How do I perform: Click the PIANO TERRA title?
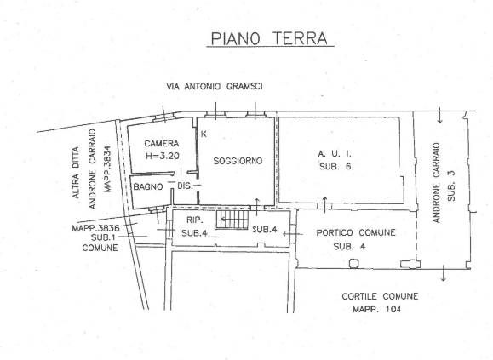(269, 38)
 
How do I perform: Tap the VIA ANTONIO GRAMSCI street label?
(215, 87)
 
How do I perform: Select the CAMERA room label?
(162, 144)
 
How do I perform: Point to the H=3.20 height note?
(163, 156)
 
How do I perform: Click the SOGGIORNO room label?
(238, 161)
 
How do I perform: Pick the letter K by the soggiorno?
(204, 134)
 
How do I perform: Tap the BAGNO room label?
(148, 187)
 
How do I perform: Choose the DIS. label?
(185, 186)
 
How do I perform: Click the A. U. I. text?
(335, 154)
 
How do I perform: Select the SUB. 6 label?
(335, 167)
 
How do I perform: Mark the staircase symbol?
(232, 220)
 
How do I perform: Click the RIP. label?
(194, 220)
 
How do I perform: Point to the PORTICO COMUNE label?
(356, 233)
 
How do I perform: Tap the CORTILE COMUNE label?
(380, 296)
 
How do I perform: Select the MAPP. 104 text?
(376, 310)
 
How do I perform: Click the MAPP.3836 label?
(95, 228)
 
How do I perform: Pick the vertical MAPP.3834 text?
(108, 169)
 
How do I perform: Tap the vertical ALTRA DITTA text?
(76, 173)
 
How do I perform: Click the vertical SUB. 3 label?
(451, 186)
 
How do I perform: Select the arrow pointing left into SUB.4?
(293, 234)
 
